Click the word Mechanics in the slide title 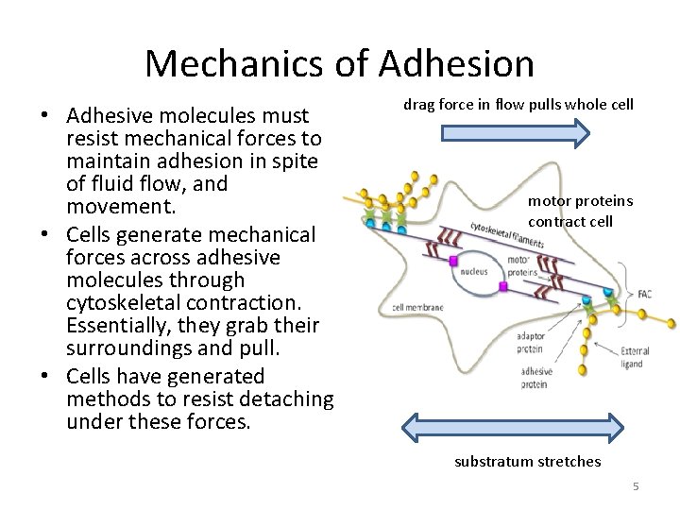[x=237, y=63]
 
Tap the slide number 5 [x=636, y=485]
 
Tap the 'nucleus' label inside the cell [x=475, y=268]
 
